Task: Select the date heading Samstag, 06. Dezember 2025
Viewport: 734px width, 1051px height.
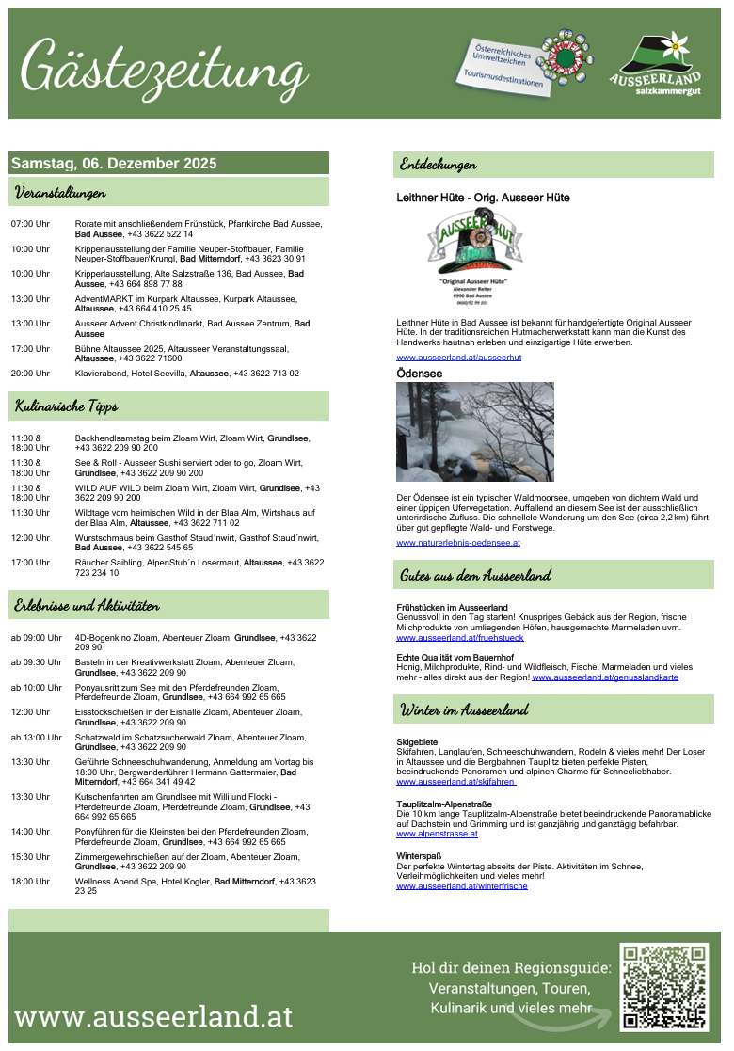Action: point(114,164)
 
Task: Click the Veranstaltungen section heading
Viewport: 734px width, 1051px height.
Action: point(59,192)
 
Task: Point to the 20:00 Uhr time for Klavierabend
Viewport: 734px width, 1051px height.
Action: point(30,374)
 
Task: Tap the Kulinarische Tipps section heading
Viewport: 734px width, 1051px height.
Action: point(65,406)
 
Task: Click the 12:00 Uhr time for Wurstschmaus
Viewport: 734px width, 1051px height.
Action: point(30,537)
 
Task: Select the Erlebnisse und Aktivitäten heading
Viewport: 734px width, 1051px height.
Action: point(86,605)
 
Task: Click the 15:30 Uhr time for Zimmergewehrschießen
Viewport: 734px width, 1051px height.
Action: point(30,857)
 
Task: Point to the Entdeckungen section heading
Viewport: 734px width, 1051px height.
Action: point(438,164)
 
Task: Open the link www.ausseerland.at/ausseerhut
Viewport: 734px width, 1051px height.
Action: point(459,358)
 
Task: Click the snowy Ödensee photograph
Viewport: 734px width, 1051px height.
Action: point(475,432)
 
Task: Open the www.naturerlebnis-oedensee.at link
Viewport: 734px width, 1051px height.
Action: point(458,543)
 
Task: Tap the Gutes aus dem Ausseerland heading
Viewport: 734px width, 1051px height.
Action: point(475,575)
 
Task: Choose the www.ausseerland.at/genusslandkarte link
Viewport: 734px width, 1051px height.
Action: point(605,677)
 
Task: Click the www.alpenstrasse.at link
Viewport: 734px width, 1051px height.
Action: point(437,834)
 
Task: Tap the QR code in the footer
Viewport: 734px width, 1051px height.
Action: point(663,987)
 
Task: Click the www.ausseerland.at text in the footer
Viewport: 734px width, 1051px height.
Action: point(153,1016)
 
